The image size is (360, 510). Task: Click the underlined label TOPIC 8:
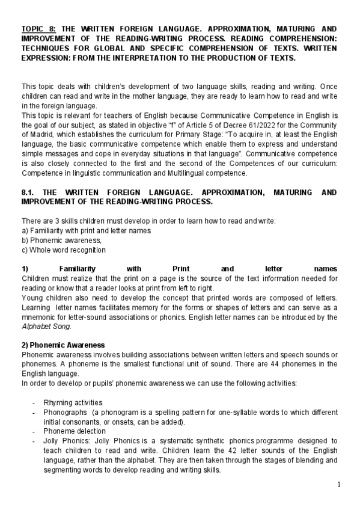(38, 28)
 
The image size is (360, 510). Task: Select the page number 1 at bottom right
(339, 485)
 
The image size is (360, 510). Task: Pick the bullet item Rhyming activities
(73, 402)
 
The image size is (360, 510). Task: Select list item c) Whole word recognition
(63, 250)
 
